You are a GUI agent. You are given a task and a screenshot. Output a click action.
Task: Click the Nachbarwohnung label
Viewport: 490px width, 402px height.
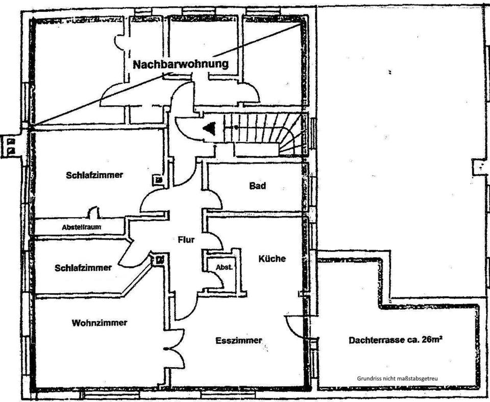coord(180,65)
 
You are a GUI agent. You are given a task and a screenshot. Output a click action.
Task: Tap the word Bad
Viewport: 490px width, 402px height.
coord(257,186)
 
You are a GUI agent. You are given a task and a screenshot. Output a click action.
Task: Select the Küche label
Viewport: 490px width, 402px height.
coord(272,258)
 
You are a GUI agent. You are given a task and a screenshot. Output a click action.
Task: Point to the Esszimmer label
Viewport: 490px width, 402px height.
coord(238,340)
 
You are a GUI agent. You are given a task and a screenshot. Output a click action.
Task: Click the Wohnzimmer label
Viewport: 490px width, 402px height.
coord(100,323)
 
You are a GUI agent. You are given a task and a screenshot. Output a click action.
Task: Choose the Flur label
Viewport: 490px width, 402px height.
coord(186,240)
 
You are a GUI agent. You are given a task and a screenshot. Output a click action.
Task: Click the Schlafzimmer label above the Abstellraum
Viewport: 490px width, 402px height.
coord(94,175)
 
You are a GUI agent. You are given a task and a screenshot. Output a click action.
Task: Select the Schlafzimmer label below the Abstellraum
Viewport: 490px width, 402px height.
coord(83,268)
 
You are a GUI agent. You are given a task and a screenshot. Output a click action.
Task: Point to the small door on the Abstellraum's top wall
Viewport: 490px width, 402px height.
coord(93,212)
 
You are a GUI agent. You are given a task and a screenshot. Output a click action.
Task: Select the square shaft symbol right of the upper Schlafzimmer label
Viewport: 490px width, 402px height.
coord(159,180)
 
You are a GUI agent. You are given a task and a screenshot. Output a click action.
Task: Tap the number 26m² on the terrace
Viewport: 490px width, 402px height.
coord(431,340)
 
